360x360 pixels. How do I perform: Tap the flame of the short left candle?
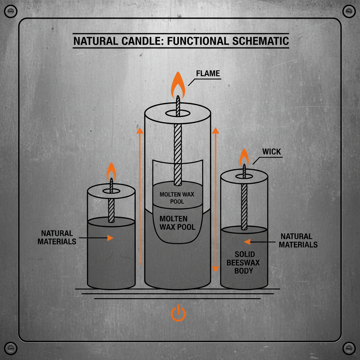pyautogui.click(x=111, y=171)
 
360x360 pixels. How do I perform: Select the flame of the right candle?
pyautogui.click(x=244, y=157)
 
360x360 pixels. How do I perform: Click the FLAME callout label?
pyautogui.click(x=208, y=73)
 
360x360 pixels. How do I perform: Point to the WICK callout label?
pyautogui.click(x=271, y=152)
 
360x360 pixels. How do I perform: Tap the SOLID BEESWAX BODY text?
pyautogui.click(x=245, y=263)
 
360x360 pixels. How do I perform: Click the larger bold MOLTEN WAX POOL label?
pyautogui.click(x=177, y=223)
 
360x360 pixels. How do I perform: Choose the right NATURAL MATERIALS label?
pyautogui.click(x=298, y=241)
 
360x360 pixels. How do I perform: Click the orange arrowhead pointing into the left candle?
pyautogui.click(x=110, y=238)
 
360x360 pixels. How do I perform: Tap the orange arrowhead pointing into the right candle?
pyautogui.click(x=247, y=242)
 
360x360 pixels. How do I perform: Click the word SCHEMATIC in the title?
pyautogui.click(x=261, y=41)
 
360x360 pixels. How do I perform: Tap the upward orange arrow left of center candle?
pyautogui.click(x=140, y=197)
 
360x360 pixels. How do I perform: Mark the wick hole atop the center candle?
pyautogui.click(x=178, y=114)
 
